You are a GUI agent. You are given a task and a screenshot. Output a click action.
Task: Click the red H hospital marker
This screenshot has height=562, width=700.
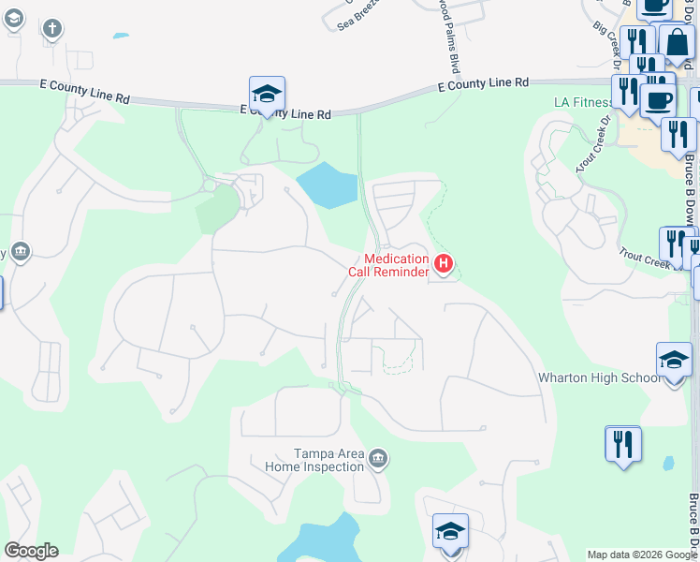pyautogui.click(x=445, y=265)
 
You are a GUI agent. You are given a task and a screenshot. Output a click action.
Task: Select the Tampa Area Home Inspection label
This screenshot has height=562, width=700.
pyautogui.click(x=314, y=460)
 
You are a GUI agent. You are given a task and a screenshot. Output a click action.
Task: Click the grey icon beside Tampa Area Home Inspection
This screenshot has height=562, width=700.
pyautogui.click(x=378, y=458)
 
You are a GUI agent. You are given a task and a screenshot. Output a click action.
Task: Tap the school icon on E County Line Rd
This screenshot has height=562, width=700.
pyautogui.click(x=267, y=94)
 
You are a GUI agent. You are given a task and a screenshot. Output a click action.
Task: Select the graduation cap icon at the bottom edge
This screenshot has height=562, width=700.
pyautogui.click(x=450, y=531)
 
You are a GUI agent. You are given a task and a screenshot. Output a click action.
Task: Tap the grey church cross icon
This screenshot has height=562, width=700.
pyautogui.click(x=51, y=28)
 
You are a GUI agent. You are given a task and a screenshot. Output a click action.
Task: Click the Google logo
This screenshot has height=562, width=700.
pyautogui.click(x=31, y=551)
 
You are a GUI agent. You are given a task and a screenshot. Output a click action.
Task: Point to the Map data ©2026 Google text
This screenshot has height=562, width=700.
pyautogui.click(x=642, y=555)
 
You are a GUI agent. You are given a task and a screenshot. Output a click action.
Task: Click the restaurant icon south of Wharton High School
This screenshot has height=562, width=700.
pyautogui.click(x=623, y=444)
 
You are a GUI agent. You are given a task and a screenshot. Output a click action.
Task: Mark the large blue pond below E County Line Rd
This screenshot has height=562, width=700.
pyautogui.click(x=327, y=185)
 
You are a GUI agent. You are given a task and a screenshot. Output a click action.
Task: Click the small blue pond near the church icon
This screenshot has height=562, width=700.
pyautogui.click(x=121, y=37)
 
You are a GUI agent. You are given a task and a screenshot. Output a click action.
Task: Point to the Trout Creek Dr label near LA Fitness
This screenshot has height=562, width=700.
pyautogui.click(x=593, y=143)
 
